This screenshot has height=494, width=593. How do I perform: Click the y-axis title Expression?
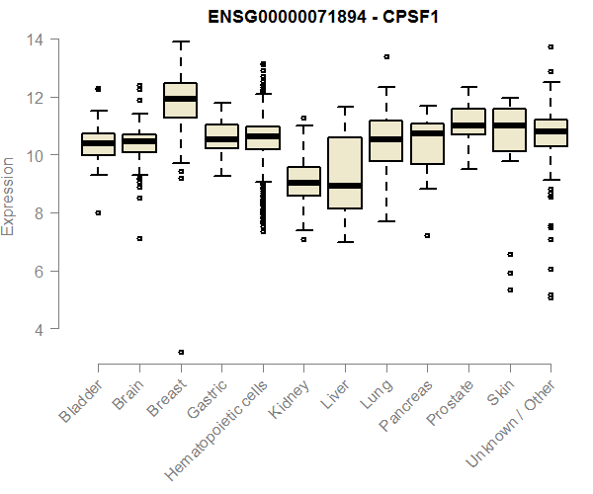point(9,194)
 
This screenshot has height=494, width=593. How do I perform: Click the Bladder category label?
point(80,400)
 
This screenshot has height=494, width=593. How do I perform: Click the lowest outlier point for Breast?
point(180,352)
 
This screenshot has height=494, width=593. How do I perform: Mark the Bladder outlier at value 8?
point(98,212)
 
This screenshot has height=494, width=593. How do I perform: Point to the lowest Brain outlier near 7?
point(139,238)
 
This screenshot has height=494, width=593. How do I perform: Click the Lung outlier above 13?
point(385,56)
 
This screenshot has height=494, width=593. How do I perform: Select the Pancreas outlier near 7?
point(427,235)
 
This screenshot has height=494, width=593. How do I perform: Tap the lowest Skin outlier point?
point(509,289)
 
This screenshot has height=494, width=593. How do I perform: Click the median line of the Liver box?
point(345,186)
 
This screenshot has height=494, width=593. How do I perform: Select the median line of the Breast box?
point(180,99)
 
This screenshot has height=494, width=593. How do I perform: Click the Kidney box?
point(303,181)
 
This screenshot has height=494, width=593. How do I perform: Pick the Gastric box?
point(221,136)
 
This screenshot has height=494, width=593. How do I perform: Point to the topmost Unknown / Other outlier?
point(551,46)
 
